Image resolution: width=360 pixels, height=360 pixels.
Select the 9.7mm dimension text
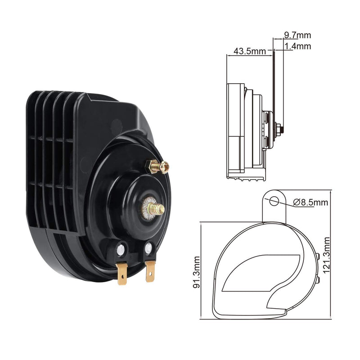pyautogui.click(x=297, y=35)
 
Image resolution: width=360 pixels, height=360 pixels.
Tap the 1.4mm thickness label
pyautogui.click(x=297, y=46)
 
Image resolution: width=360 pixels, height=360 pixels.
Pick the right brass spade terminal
pyautogui.click(x=151, y=271)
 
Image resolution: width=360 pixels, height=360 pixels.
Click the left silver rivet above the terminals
pyautogui.click(x=121, y=249)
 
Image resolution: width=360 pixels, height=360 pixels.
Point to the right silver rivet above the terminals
pyautogui.click(x=148, y=247)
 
